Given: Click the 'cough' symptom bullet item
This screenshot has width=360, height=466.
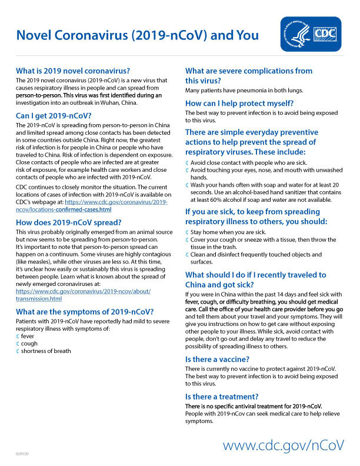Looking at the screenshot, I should (x=29, y=343).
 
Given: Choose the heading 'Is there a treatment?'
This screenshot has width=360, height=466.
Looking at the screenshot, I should (x=222, y=396).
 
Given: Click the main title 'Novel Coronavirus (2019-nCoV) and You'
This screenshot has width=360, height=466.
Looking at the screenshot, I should (x=137, y=35).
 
